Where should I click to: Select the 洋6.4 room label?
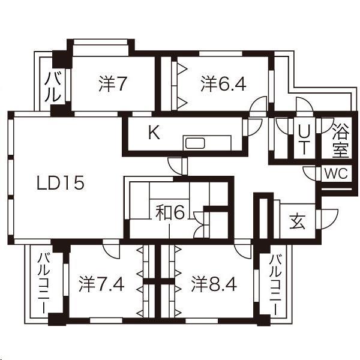point(223,85)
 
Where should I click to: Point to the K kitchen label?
point(154,133)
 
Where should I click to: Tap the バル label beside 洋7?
point(53,87)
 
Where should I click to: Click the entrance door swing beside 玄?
point(328,218)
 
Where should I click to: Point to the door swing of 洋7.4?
point(111,248)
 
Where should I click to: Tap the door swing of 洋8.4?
point(243,248)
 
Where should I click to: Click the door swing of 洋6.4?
point(259,104)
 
